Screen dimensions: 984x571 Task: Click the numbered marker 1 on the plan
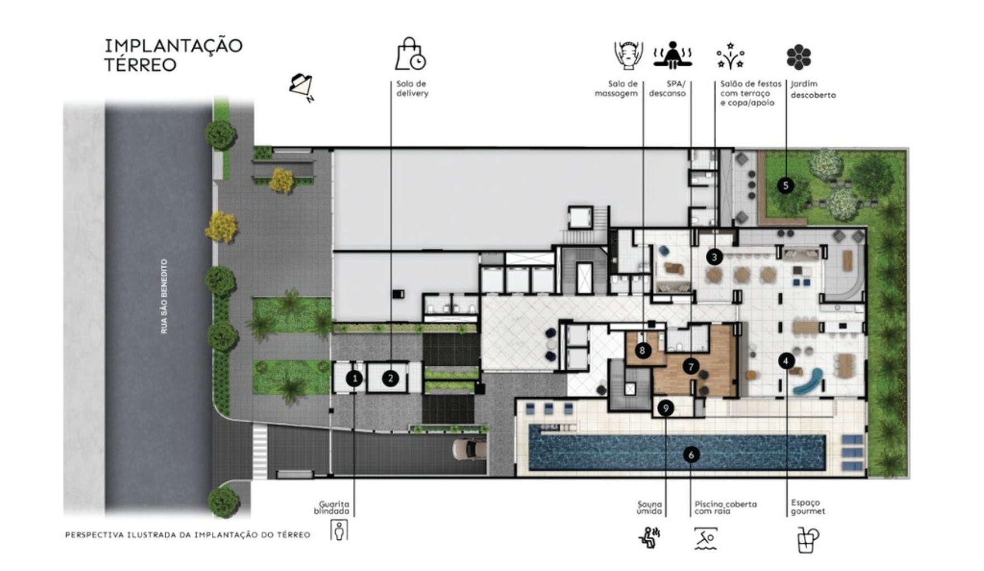pos(354,379)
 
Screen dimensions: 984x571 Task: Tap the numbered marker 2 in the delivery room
pos(390,379)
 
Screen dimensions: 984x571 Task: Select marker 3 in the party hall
pos(714,257)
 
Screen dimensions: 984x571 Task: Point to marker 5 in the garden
pos(786,185)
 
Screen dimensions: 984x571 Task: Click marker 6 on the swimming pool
pos(691,455)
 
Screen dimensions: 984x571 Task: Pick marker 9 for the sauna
pos(665,408)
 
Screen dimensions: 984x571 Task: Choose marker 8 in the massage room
pos(643,350)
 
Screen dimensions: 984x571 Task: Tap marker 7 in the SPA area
pos(691,366)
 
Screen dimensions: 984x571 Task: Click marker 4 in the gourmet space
pos(786,361)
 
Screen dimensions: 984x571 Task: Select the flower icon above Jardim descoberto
pos(798,57)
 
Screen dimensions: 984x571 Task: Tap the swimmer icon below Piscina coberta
pos(706,539)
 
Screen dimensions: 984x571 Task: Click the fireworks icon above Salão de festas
pos(731,56)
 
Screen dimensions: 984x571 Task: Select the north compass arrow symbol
pos(302,86)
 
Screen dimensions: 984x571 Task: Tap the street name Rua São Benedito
pos(164,296)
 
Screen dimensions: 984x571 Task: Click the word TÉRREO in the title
pos(140,65)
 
